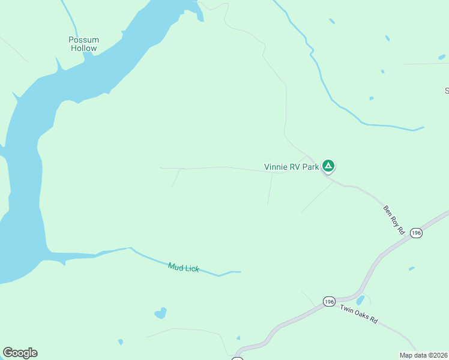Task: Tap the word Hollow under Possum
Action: click(x=83, y=48)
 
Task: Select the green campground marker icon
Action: click(x=328, y=166)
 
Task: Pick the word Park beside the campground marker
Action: click(x=310, y=167)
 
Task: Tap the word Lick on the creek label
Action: click(x=191, y=269)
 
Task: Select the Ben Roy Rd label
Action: click(x=395, y=220)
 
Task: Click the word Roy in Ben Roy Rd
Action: click(x=396, y=221)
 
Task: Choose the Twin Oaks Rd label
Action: click(x=358, y=314)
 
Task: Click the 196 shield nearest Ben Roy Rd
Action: click(x=417, y=232)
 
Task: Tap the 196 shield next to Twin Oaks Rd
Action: click(x=328, y=301)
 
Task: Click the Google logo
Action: click(x=20, y=353)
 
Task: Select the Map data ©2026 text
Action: click(x=424, y=355)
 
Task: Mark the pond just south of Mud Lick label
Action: click(x=160, y=313)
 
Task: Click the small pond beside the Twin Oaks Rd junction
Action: click(x=360, y=300)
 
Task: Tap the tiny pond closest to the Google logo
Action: click(x=121, y=342)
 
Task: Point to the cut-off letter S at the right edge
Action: click(x=447, y=91)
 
